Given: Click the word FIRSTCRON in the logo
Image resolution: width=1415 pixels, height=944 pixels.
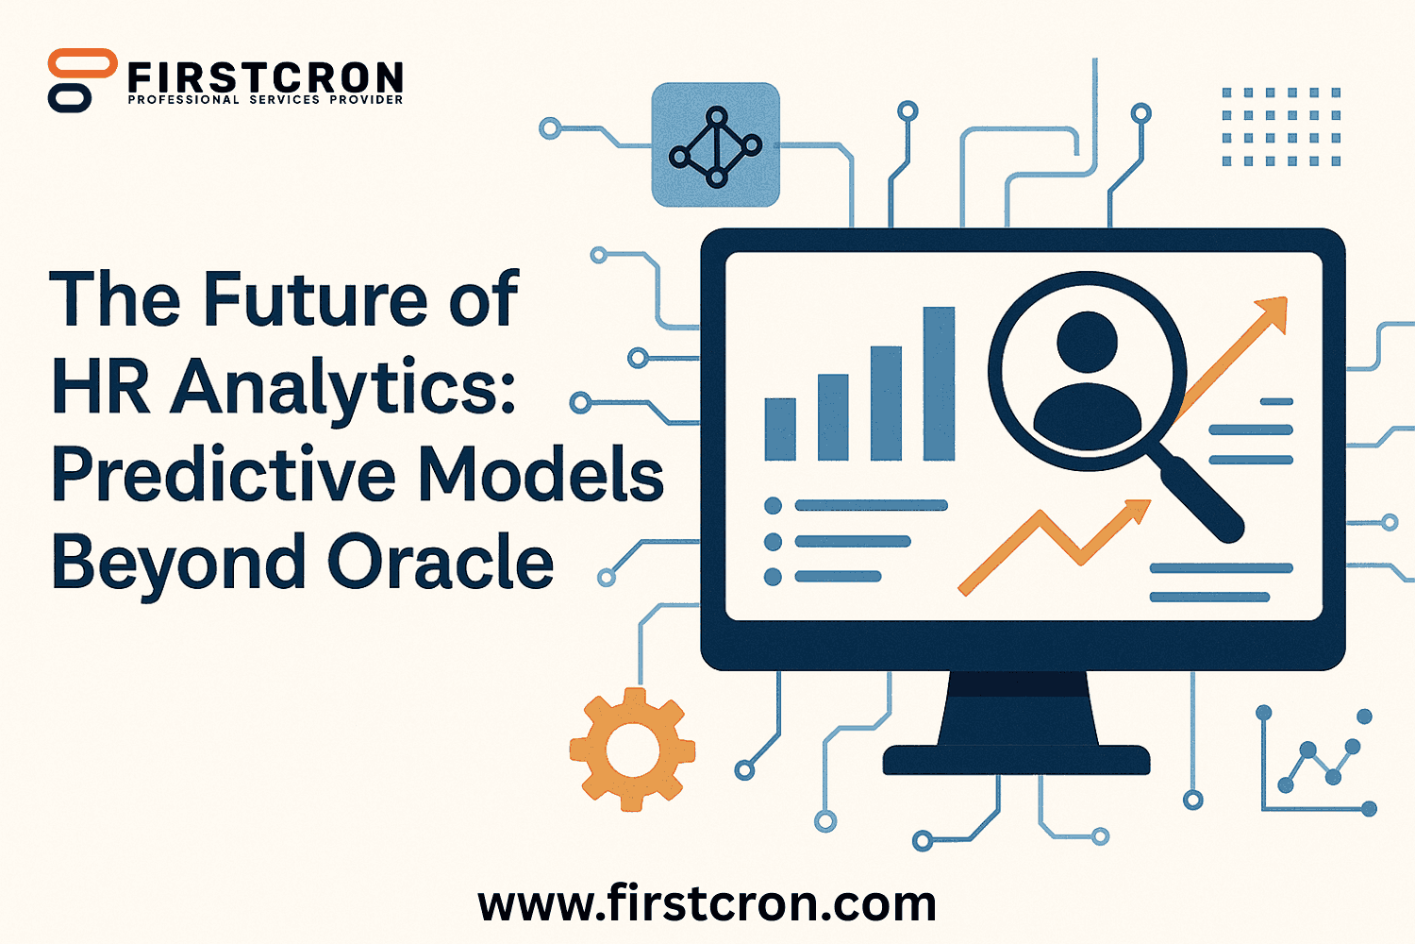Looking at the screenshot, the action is click(x=265, y=77).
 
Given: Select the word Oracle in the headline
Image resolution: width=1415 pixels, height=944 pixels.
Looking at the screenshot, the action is click(x=441, y=562).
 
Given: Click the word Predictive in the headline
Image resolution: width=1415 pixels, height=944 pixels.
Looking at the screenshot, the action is click(x=224, y=474).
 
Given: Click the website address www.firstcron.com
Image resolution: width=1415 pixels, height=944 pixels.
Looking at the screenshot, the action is click(x=707, y=903).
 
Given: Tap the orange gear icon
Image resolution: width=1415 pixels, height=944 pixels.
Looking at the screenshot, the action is click(x=632, y=750).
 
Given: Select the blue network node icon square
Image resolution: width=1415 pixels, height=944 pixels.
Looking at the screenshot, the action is click(x=716, y=144).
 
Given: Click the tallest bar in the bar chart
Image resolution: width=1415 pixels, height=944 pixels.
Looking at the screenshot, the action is click(x=939, y=384).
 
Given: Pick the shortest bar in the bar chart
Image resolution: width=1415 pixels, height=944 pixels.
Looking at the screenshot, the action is click(x=780, y=430).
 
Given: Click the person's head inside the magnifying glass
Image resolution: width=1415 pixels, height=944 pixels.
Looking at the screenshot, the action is click(x=1087, y=342).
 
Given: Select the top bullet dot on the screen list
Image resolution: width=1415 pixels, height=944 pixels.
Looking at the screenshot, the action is click(x=773, y=505).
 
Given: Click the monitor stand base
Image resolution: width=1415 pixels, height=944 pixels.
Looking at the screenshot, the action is click(x=1016, y=759).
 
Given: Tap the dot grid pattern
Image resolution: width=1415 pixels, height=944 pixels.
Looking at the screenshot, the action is click(x=1281, y=126).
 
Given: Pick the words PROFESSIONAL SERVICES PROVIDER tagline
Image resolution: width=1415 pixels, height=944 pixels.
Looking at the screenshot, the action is click(x=265, y=100).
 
